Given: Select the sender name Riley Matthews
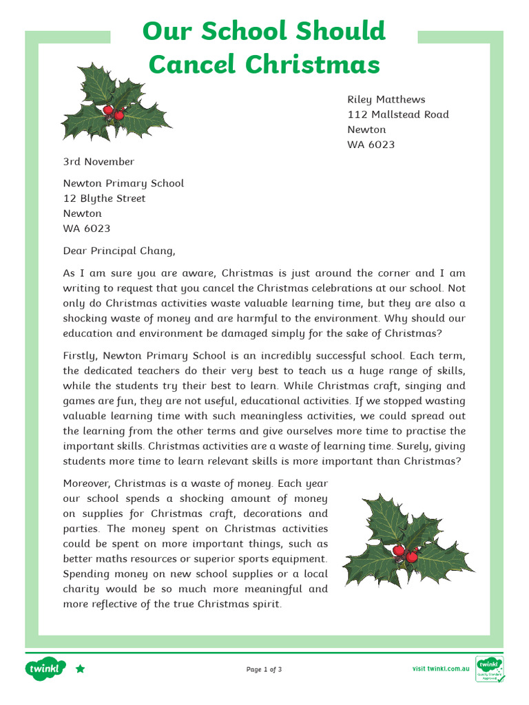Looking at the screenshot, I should (386, 99).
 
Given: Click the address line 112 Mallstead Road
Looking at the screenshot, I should (397, 114).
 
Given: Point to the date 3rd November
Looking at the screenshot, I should (98, 162).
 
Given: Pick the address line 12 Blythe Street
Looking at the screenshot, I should (104, 198).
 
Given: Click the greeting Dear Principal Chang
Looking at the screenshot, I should (114, 251).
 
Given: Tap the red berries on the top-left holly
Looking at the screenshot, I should (113, 112).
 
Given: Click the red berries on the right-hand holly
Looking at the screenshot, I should (404, 553).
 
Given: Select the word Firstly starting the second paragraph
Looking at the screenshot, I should (81, 356).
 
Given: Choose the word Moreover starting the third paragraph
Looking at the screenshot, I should (87, 483).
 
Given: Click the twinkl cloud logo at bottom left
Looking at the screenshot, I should (45, 669).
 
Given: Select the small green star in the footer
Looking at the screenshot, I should (81, 669).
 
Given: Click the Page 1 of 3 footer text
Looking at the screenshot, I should (264, 669).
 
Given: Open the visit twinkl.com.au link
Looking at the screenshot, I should (441, 669).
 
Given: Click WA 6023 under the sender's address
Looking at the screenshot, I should (371, 145).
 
